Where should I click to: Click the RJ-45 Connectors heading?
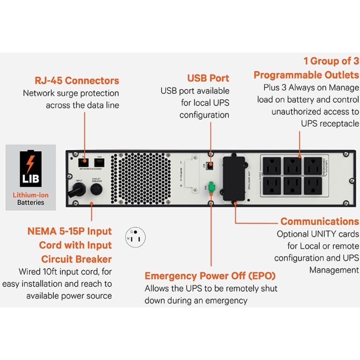[77, 80]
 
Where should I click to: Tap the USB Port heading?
[208, 78]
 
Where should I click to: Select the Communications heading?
[319, 221]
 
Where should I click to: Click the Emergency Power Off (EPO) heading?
[210, 275]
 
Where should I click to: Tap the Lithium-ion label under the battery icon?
[31, 195]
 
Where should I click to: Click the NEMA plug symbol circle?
[135, 236]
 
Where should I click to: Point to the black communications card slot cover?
[233, 178]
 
